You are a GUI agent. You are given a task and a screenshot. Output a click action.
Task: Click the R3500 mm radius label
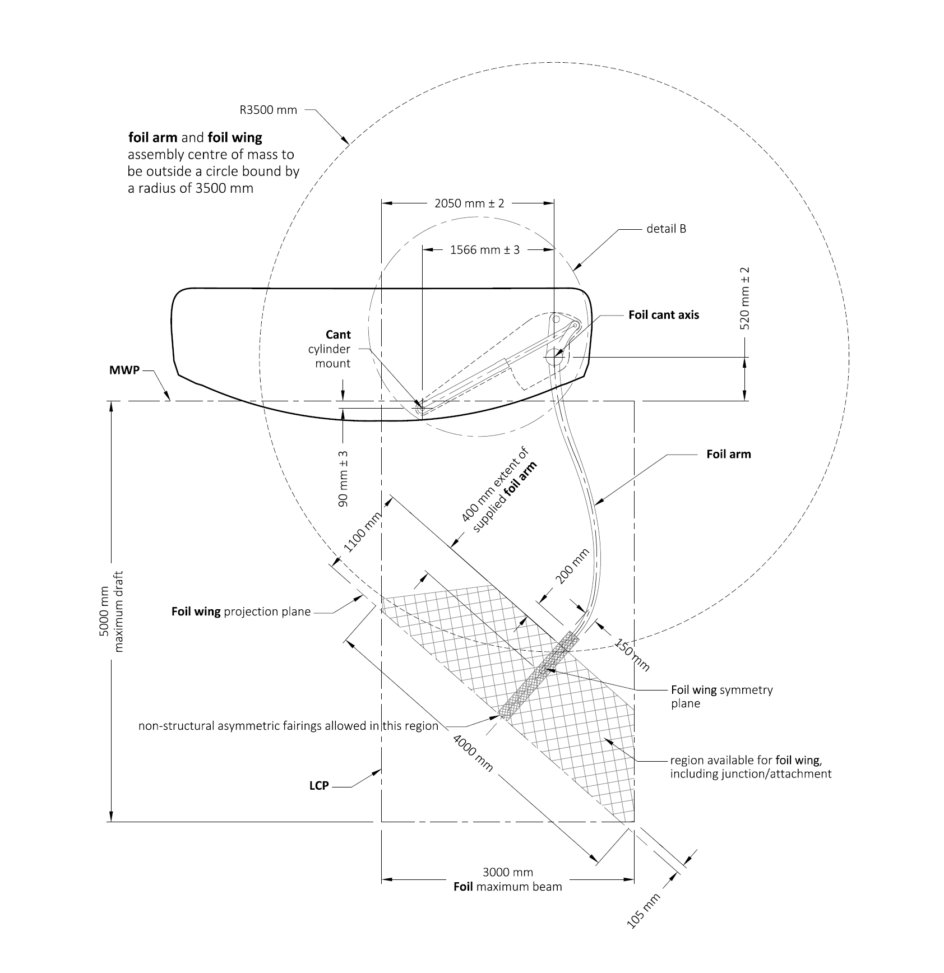(x=268, y=110)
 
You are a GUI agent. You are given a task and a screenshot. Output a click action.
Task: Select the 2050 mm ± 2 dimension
(x=469, y=203)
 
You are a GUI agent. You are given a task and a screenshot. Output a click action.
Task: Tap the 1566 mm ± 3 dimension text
(x=484, y=250)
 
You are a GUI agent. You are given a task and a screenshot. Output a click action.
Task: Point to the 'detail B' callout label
(x=666, y=229)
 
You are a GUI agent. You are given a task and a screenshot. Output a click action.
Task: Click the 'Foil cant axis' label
(x=663, y=315)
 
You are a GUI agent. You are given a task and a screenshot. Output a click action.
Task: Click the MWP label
(x=124, y=370)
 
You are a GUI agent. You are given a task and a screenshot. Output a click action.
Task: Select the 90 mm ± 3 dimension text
(x=343, y=479)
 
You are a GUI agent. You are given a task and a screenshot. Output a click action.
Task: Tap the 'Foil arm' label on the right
(x=728, y=454)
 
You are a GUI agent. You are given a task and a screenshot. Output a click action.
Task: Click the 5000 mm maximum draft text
(x=111, y=611)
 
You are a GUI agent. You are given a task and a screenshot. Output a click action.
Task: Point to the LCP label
(x=318, y=786)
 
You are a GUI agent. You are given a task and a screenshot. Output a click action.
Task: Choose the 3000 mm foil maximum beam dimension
(x=507, y=879)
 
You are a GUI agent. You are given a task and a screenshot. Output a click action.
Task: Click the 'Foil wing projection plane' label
(x=240, y=611)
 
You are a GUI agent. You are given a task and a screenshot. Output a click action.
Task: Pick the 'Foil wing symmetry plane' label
(x=721, y=697)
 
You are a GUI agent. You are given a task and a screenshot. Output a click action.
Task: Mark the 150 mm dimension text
(x=632, y=654)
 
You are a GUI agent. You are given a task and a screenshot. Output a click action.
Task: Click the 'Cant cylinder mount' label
(x=330, y=349)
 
